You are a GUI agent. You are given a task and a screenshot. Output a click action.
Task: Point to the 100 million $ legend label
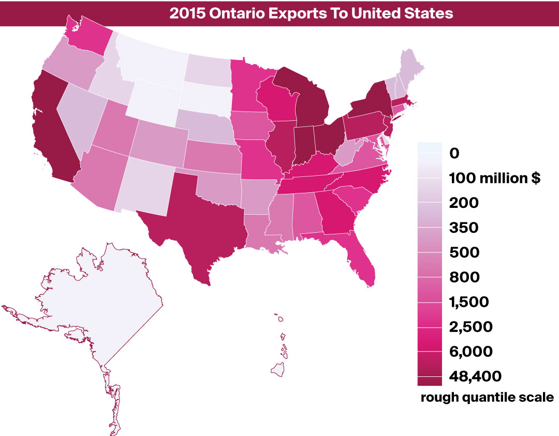pos(495,178)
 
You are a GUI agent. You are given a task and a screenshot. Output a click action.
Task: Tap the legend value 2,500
pos(471,327)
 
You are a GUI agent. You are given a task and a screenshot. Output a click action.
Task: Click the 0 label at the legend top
pos(455,153)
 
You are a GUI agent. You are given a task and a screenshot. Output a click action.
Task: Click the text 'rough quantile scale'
pos(487,398)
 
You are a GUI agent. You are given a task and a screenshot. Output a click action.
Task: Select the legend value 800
pos(464,277)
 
